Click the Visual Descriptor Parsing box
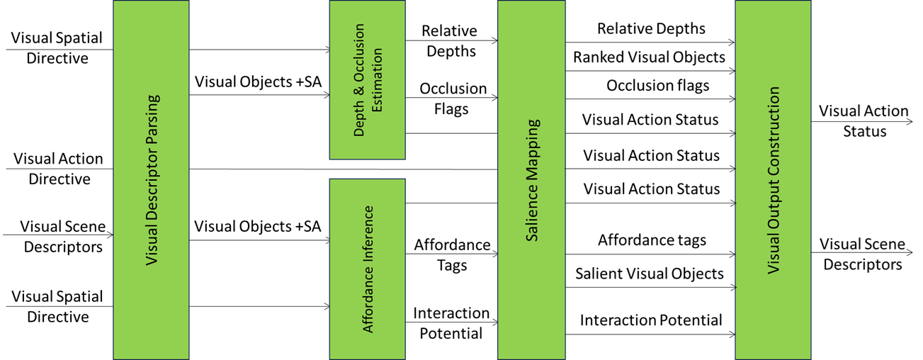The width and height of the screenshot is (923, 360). point(151,180)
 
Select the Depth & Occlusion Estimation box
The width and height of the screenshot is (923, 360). point(367,80)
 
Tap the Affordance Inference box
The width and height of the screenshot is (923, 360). point(367,269)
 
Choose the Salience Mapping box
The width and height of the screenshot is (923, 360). point(531,180)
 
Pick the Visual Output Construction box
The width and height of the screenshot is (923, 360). point(772,180)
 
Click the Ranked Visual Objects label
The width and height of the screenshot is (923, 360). point(650,57)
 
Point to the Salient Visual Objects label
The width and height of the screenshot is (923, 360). point(650,274)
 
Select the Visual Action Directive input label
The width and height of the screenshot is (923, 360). point(59,169)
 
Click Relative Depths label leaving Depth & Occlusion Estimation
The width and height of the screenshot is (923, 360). point(450,41)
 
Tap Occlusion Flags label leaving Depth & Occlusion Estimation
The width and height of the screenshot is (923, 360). point(453,99)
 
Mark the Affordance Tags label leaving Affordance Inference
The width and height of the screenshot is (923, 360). point(452,255)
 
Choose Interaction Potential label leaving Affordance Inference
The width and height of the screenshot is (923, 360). point(451,323)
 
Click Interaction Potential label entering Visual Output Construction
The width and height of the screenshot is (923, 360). point(651,320)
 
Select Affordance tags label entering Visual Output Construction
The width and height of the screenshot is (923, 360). point(652,240)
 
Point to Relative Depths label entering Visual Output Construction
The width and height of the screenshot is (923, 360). point(651,29)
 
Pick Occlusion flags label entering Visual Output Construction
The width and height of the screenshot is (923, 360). point(657,86)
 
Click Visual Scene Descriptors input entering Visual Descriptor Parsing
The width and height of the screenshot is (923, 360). point(63,237)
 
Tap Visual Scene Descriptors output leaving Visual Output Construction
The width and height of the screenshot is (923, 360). point(862,254)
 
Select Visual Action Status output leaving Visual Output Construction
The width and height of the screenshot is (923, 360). point(863,121)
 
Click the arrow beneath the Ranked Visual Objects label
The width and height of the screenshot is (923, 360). point(650,71)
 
